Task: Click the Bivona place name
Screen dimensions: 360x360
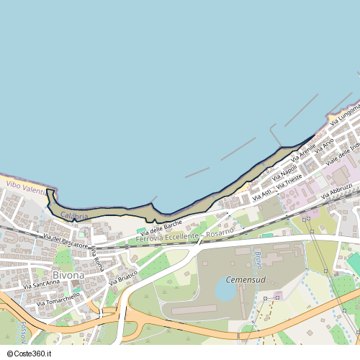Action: (x=68, y=275)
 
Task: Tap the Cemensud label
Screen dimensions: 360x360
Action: (x=246, y=279)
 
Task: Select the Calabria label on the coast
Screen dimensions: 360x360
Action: (x=74, y=216)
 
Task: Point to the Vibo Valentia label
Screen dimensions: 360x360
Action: (x=25, y=186)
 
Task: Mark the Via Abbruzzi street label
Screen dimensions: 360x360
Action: (x=336, y=192)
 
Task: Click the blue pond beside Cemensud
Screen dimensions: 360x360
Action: (x=225, y=292)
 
